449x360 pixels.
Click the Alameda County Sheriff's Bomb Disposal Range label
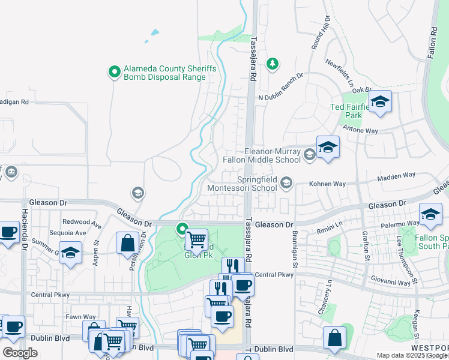click(x=170, y=73)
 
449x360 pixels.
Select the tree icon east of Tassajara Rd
click(x=273, y=64)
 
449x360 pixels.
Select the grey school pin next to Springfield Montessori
click(x=287, y=182)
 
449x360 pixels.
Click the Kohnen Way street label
click(x=328, y=184)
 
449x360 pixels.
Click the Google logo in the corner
click(x=20, y=352)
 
